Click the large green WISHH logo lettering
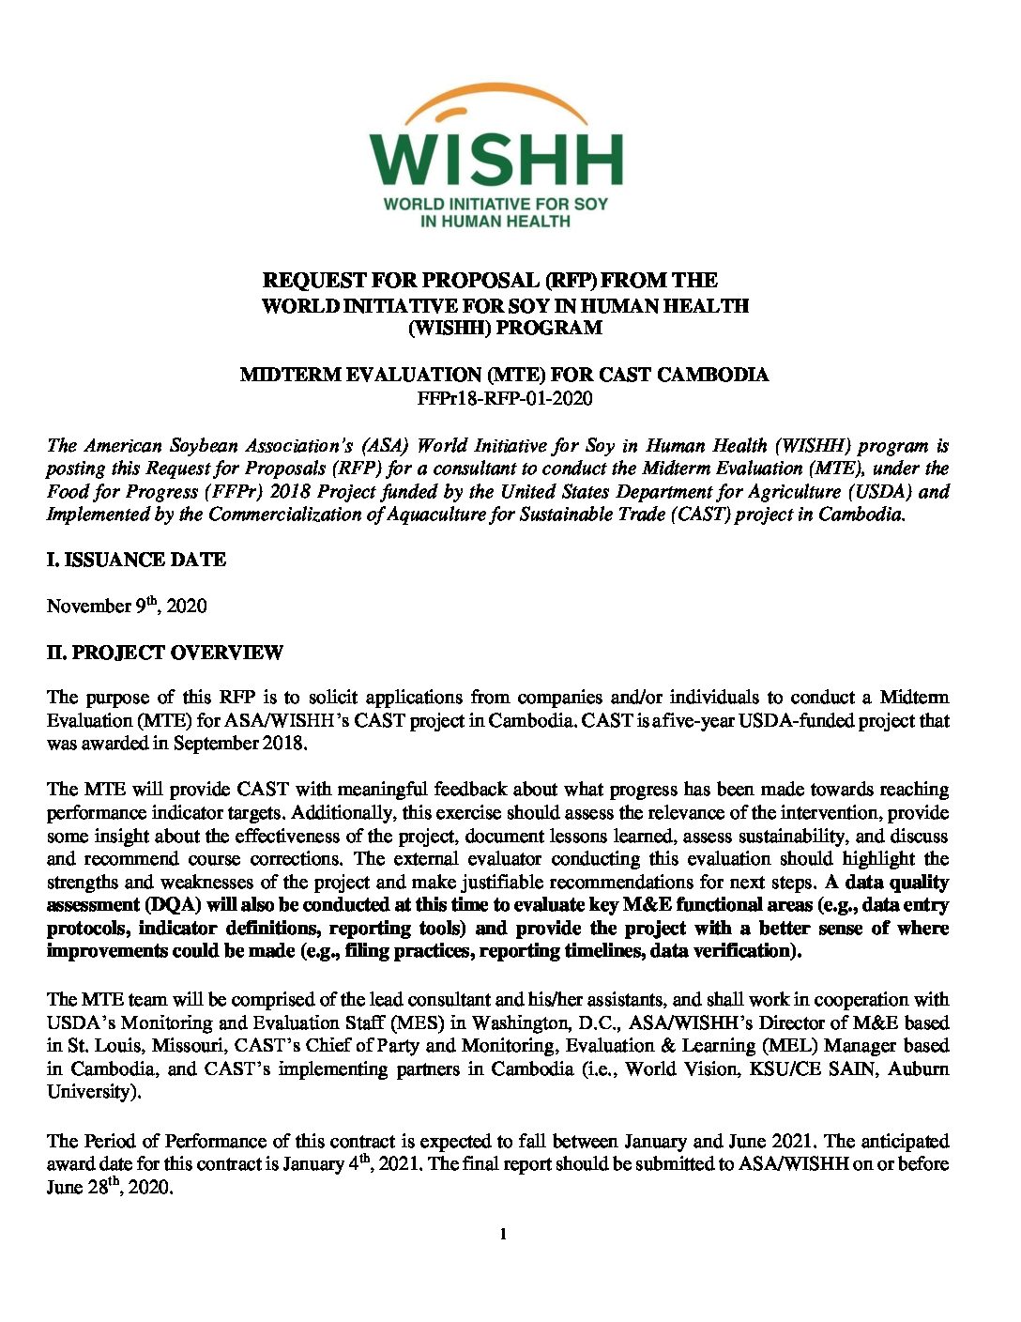click(x=495, y=159)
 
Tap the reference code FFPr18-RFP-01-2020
click(x=505, y=398)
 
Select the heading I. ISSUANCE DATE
click(x=136, y=560)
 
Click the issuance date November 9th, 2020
click(x=127, y=606)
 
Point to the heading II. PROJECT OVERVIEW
click(x=164, y=653)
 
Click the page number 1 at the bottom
click(x=504, y=1234)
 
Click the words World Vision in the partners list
click(x=674, y=1069)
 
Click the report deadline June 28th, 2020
click(x=110, y=1188)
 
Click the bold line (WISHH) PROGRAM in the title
click(x=505, y=328)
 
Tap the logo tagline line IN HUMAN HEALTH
click(x=495, y=222)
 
